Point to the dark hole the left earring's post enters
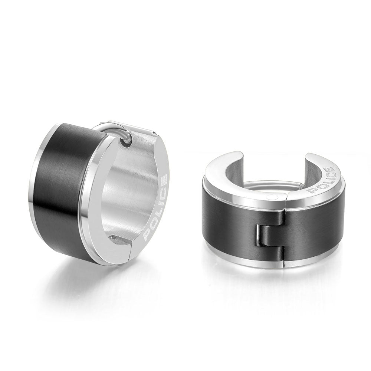125,142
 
